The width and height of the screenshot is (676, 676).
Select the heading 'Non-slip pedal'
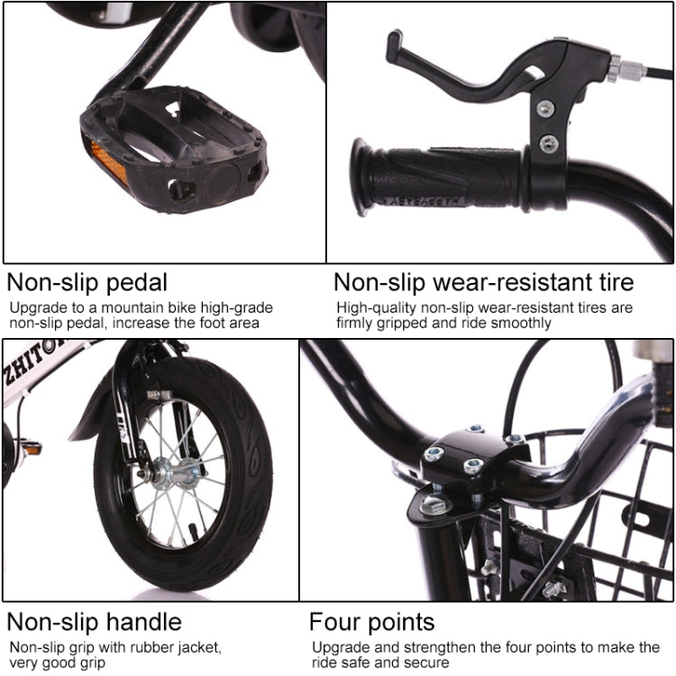click(87, 282)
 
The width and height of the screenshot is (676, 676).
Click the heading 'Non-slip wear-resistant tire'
click(484, 282)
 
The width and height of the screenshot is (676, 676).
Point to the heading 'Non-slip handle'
click(95, 622)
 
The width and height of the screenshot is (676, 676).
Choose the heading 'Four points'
click(371, 622)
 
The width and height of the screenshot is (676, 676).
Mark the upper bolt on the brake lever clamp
click(544, 108)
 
